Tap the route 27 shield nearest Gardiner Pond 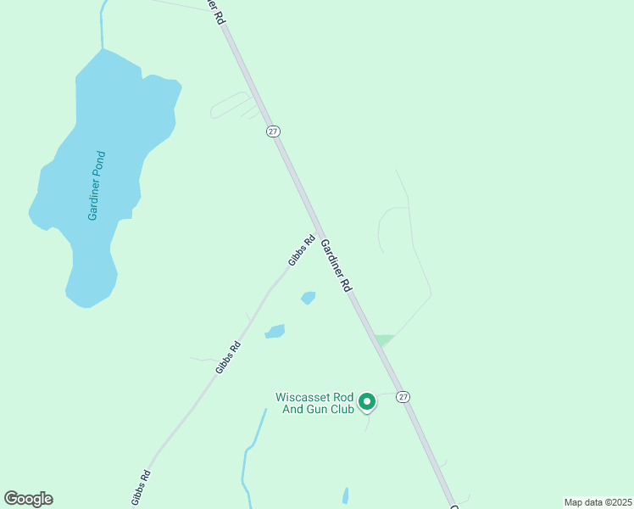[x=272, y=131]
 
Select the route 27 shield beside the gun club [x=403, y=396]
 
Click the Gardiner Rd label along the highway [x=336, y=266]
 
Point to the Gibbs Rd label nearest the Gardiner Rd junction [x=302, y=250]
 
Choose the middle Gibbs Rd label [x=228, y=357]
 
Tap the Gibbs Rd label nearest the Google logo [x=142, y=487]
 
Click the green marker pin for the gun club [x=367, y=401]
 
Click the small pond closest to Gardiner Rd [x=309, y=298]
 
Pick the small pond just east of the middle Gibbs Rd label [x=275, y=331]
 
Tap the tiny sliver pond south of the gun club [x=345, y=495]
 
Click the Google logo [x=28, y=499]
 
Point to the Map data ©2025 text [x=597, y=502]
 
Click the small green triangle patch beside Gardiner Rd [x=384, y=339]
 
